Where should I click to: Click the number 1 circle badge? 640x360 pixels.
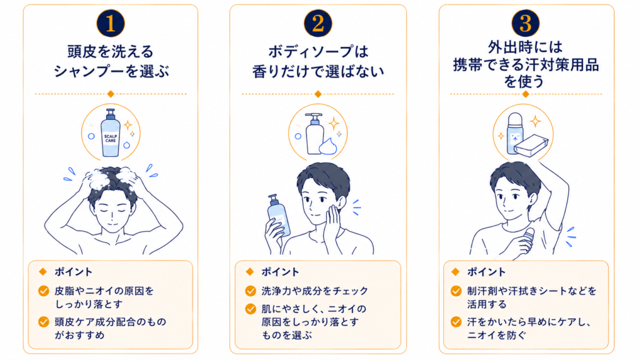click(x=111, y=23)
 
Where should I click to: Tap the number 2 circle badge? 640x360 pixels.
click(x=318, y=23)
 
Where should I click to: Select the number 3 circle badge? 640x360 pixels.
click(x=526, y=23)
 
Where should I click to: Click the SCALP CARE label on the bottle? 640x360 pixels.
click(x=111, y=138)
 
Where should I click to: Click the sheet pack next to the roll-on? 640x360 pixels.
click(x=531, y=145)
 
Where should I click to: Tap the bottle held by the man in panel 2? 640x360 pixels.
click(x=279, y=216)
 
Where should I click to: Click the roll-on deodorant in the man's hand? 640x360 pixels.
click(x=529, y=239)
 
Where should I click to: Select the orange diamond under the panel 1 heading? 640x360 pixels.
click(x=111, y=94)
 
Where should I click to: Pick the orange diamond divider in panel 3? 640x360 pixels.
click(x=526, y=94)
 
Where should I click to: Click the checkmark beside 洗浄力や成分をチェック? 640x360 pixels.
click(x=250, y=291)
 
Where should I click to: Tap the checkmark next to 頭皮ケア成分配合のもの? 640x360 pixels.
click(x=44, y=322)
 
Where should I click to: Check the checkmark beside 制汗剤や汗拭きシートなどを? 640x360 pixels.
click(x=456, y=291)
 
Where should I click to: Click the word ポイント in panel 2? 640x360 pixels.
click(x=281, y=272)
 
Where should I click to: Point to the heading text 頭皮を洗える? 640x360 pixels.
click(x=111, y=52)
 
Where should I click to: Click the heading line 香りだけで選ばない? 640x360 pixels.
click(x=318, y=71)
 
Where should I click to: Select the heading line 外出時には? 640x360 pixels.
click(x=526, y=47)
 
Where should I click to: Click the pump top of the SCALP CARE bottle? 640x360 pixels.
click(x=111, y=114)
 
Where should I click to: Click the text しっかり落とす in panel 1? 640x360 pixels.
click(x=89, y=304)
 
